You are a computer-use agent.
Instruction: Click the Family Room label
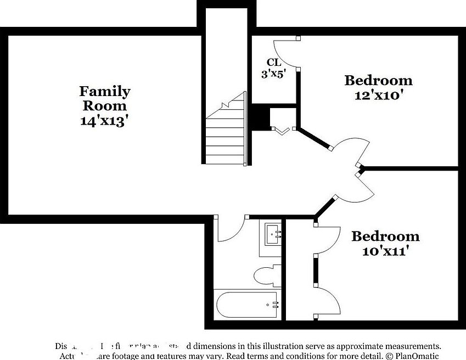tap(105, 98)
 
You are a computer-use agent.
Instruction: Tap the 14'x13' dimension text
tap(105, 120)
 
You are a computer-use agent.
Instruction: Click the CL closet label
tap(274, 63)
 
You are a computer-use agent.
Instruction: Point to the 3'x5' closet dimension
tap(273, 74)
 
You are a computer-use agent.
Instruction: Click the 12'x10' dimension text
tap(378, 95)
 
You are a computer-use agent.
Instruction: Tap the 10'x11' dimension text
tap(385, 251)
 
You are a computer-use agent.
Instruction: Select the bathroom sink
tap(273, 235)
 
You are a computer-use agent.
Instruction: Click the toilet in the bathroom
tap(268, 275)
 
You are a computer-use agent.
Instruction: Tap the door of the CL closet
tap(288, 53)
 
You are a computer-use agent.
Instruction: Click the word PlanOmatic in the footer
tap(414, 356)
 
